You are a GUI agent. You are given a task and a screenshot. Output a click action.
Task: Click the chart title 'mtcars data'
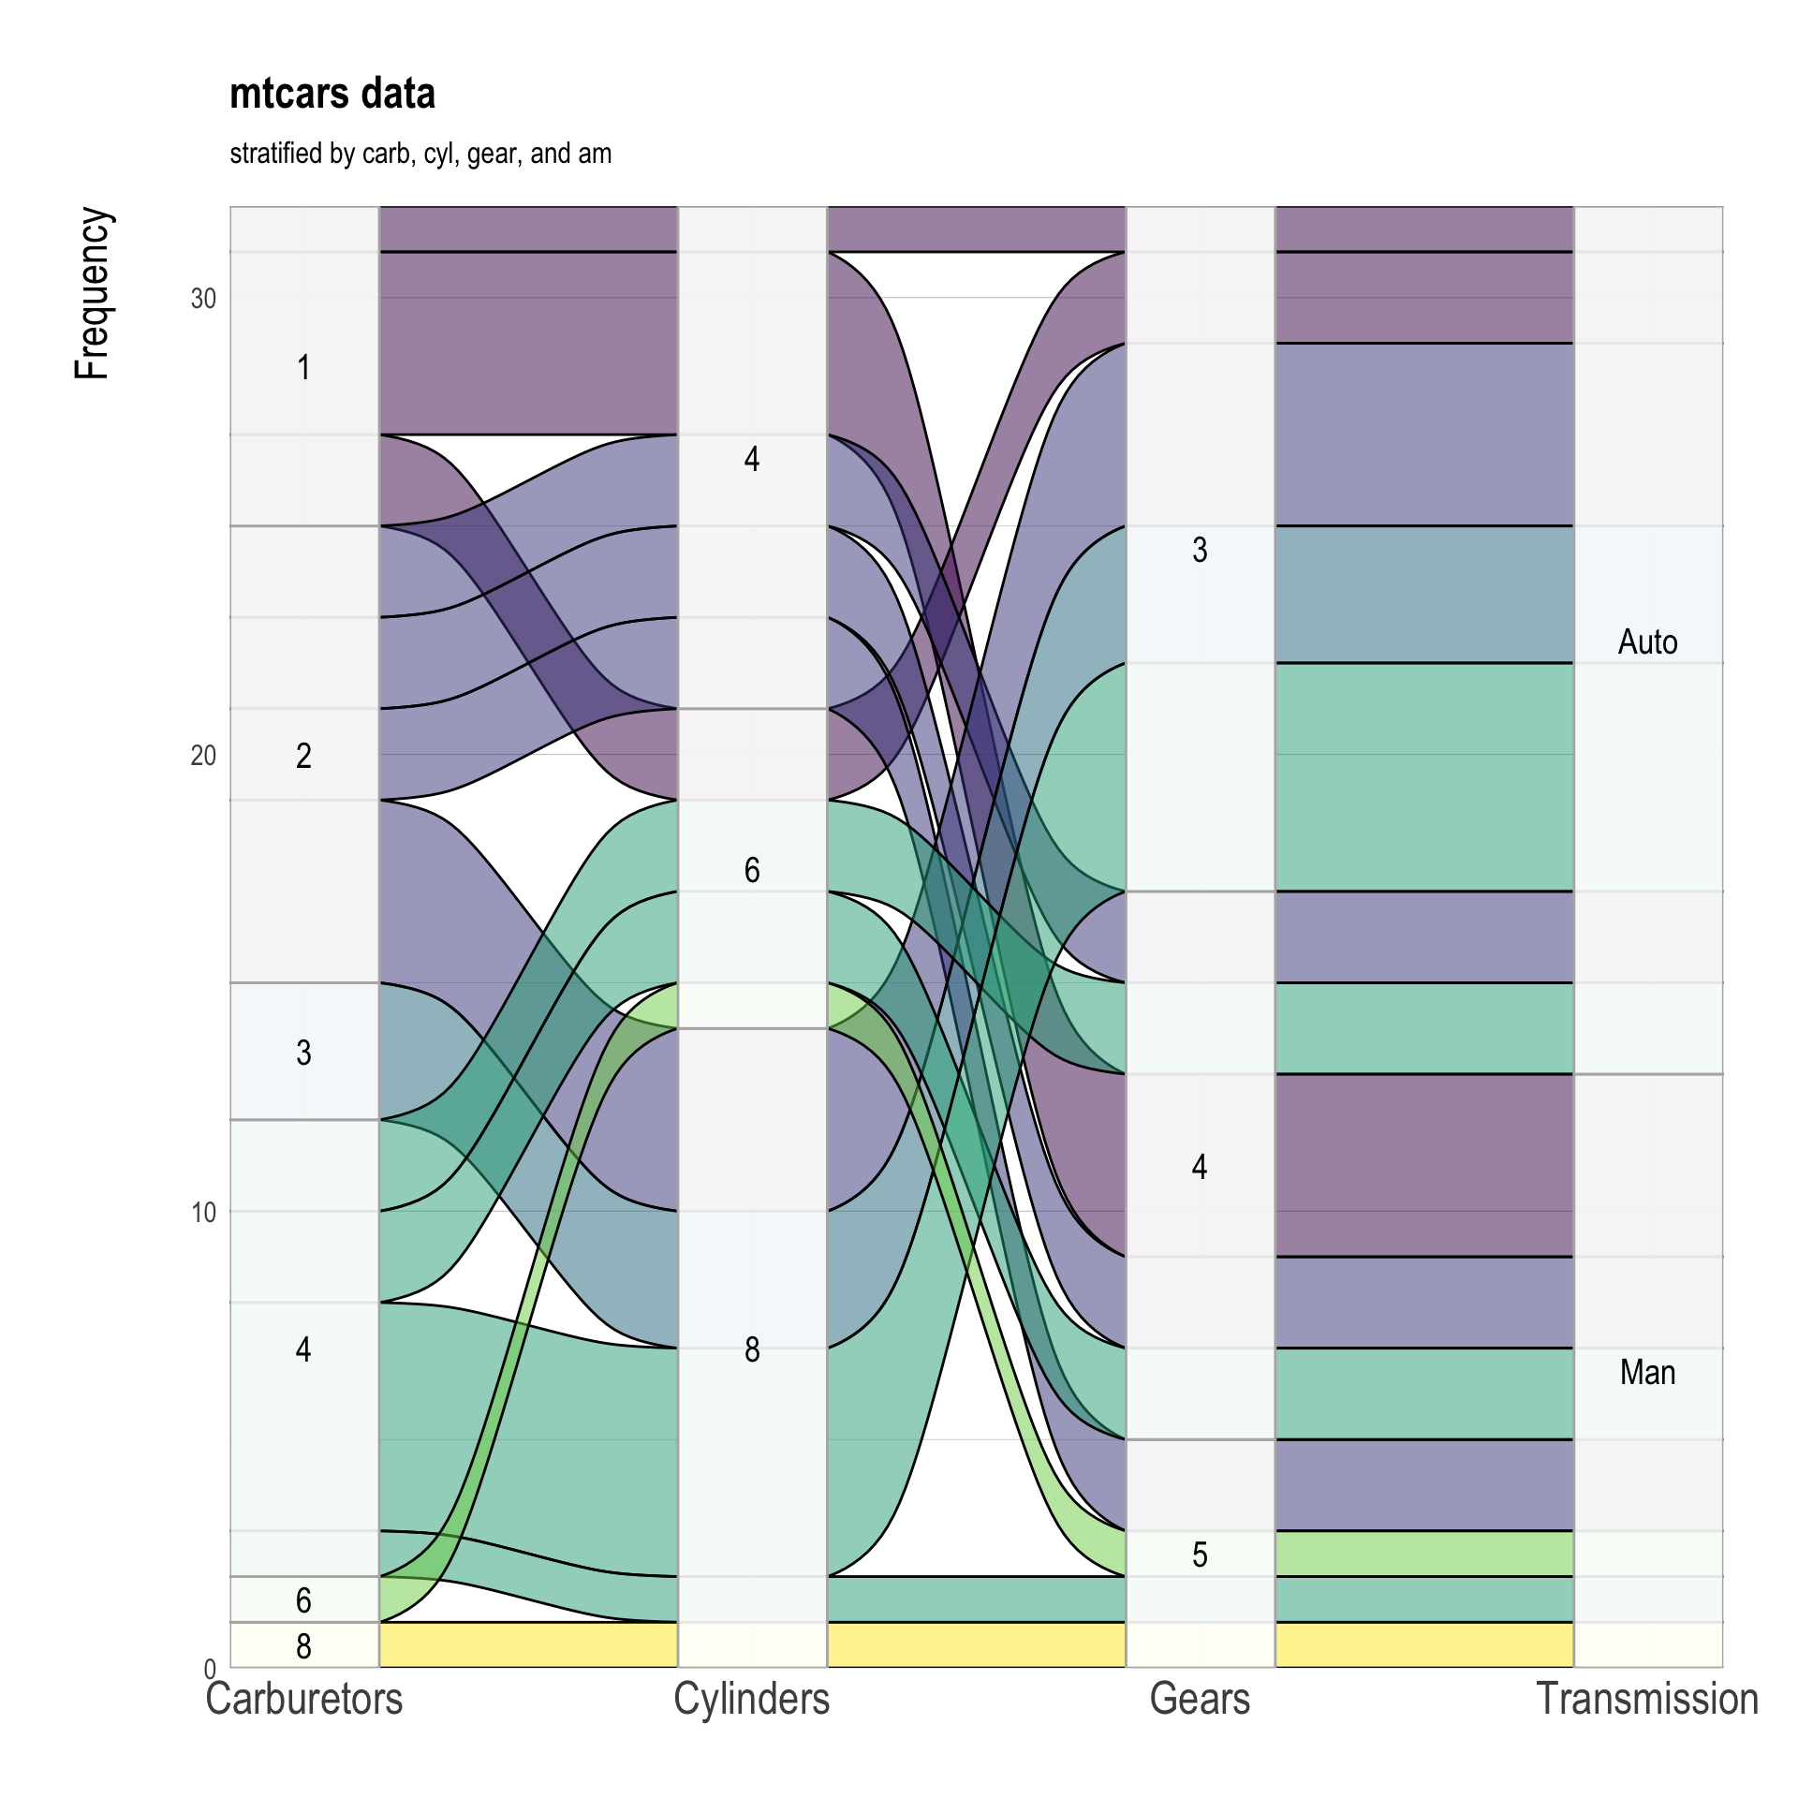coord(332,95)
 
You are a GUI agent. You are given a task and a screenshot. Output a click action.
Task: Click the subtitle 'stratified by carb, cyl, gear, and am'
coord(420,154)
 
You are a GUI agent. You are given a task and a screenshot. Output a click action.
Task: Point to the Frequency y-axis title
coord(93,293)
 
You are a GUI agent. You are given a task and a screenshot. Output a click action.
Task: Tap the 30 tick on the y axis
coord(203,299)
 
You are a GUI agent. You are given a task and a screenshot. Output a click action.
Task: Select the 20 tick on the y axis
coord(203,755)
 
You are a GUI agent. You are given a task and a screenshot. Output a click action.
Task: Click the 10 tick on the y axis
coord(203,1212)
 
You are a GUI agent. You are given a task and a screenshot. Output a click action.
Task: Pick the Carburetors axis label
coord(304,1699)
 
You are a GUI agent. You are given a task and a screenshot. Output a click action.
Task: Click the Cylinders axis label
coord(752,1699)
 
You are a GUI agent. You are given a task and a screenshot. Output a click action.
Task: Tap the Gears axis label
coord(1200,1699)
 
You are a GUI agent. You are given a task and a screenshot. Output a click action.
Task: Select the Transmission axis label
coord(1647,1699)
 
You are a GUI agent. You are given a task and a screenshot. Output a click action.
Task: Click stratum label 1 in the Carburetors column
coord(303,367)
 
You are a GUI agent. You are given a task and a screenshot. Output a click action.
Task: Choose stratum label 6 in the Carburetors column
coord(303,1600)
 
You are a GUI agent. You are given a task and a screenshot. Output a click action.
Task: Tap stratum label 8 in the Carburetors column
coord(303,1646)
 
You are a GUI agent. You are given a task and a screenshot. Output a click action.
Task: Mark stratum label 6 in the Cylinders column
coord(752,870)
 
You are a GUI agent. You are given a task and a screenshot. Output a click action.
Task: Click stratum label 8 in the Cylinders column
coord(752,1349)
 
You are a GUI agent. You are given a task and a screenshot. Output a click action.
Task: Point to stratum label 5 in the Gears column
coord(1200,1555)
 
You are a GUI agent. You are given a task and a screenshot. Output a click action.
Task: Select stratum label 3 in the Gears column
coord(1200,550)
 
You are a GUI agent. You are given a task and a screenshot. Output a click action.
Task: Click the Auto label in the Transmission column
coord(1647,641)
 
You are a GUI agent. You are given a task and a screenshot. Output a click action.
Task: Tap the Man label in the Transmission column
coord(1647,1372)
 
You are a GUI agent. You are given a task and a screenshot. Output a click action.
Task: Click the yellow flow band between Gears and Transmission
coord(1423,1645)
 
